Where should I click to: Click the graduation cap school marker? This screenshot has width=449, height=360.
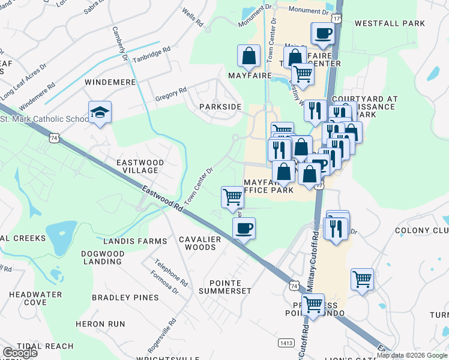[x=100, y=112]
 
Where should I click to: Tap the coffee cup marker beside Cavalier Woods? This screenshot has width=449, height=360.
[x=244, y=229]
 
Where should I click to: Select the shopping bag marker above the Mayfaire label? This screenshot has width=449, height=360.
[x=249, y=56]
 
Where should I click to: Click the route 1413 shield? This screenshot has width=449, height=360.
[x=286, y=342]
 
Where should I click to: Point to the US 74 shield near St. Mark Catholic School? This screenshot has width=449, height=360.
[x=55, y=137]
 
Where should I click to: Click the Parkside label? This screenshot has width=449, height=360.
[x=221, y=107]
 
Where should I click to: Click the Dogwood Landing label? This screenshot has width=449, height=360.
[x=104, y=258]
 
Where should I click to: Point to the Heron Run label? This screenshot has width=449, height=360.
[x=100, y=324]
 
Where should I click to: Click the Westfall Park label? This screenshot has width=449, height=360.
[x=390, y=24]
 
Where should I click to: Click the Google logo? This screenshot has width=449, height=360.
[x=20, y=353]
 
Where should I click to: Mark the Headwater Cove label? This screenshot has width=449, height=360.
[x=35, y=298]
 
